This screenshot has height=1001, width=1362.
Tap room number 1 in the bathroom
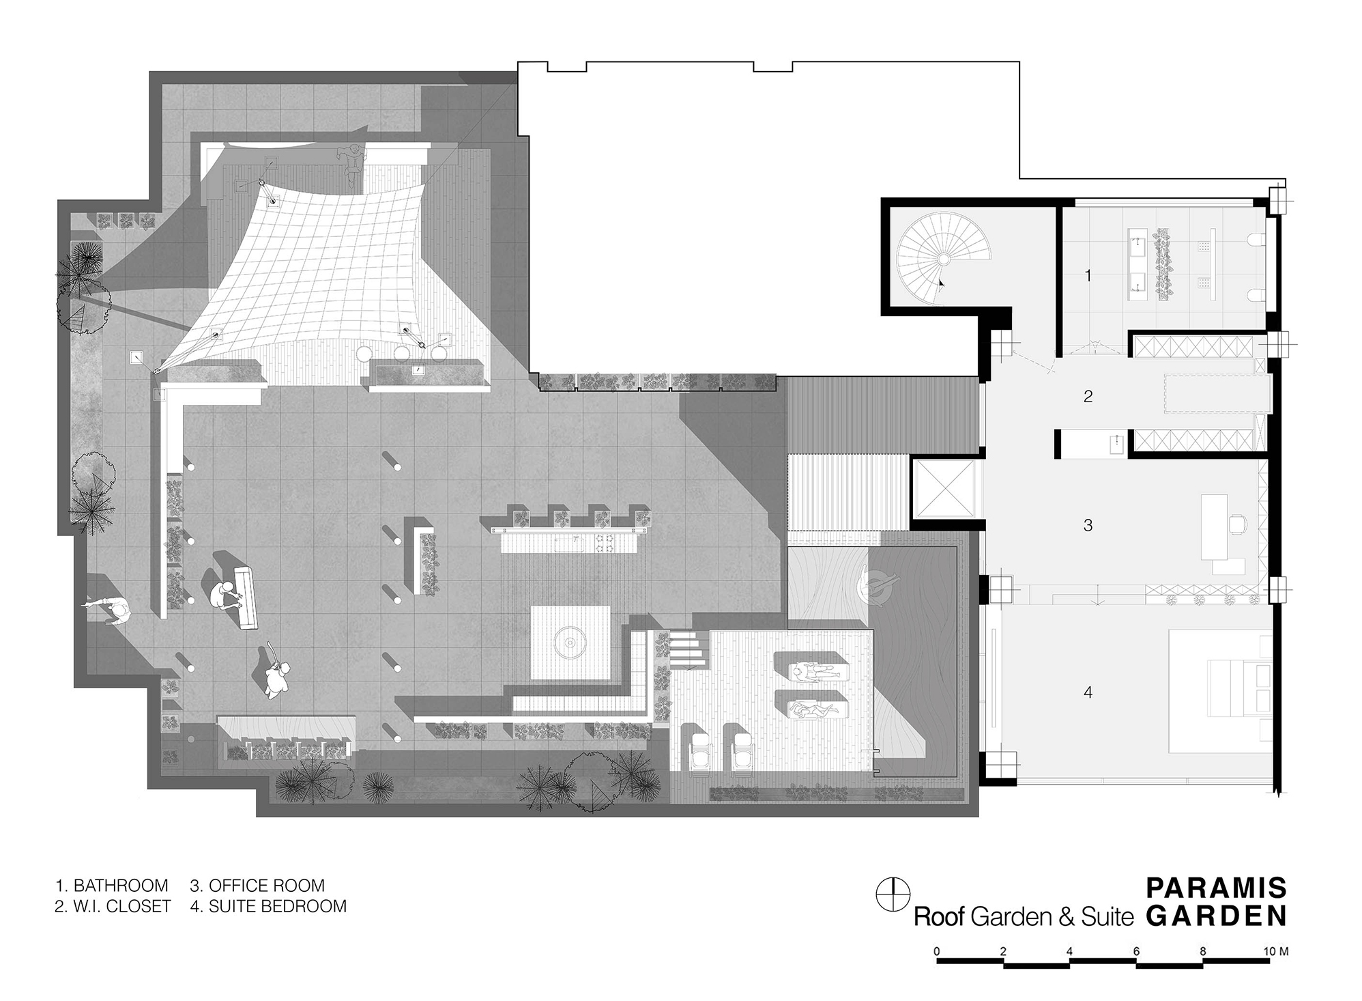pos(1088,275)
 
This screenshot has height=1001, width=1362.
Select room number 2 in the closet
pos(1088,396)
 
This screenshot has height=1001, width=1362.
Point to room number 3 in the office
pos(1088,525)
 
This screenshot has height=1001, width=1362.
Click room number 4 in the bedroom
pos(1088,692)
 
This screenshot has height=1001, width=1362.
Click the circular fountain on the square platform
pos(568,642)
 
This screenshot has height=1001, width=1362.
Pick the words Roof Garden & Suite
pos(1024,916)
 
